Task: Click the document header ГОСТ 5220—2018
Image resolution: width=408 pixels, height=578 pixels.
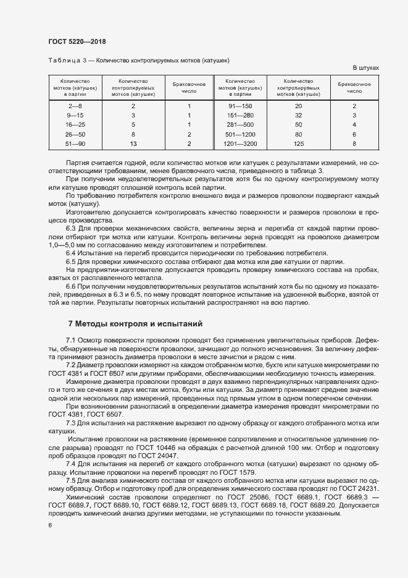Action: click(76, 41)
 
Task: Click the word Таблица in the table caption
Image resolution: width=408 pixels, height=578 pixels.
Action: click(62, 61)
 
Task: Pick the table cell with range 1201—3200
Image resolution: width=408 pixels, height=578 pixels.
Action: click(240, 143)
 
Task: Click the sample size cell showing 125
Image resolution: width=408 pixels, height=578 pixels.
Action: click(299, 143)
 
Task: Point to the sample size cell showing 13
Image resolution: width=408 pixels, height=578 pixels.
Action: click(133, 143)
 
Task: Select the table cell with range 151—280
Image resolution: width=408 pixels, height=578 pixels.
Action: click(240, 115)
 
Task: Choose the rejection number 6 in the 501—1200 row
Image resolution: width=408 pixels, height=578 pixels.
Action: click(354, 134)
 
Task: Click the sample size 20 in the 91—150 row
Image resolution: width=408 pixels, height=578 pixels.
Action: click(299, 106)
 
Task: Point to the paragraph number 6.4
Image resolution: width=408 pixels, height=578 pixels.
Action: click(70, 253)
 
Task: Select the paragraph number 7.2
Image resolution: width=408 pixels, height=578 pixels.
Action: click(70, 365)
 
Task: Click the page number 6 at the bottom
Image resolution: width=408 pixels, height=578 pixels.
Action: click(50, 525)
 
